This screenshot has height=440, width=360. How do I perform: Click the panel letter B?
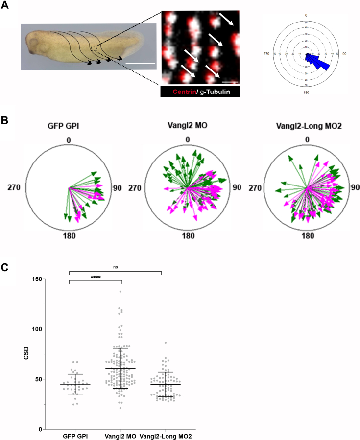(6, 119)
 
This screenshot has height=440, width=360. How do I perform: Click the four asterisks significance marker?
(95, 277)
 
